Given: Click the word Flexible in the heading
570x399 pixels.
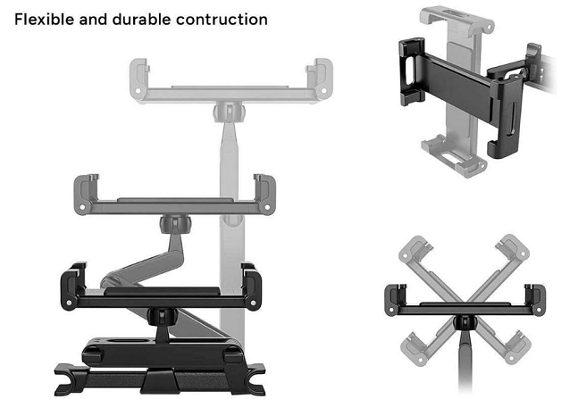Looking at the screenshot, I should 43,19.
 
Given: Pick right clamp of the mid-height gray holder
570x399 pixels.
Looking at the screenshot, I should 264,192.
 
